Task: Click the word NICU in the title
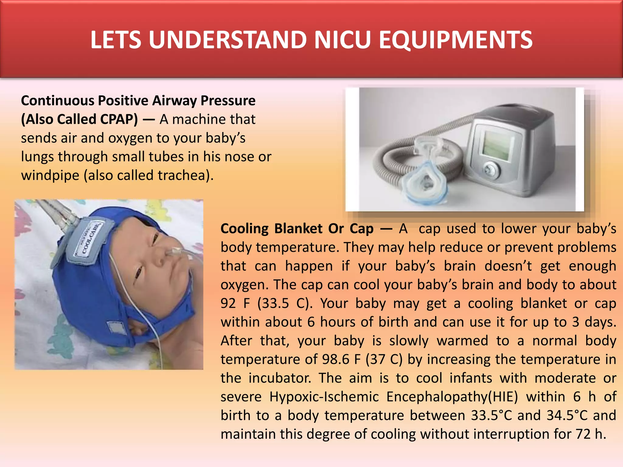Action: point(343,40)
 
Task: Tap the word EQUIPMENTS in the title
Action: point(455,40)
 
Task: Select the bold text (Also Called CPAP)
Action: point(79,119)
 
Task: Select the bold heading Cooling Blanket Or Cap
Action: point(297,229)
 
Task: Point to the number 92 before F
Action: point(228,303)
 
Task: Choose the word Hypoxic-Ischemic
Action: point(324,397)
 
